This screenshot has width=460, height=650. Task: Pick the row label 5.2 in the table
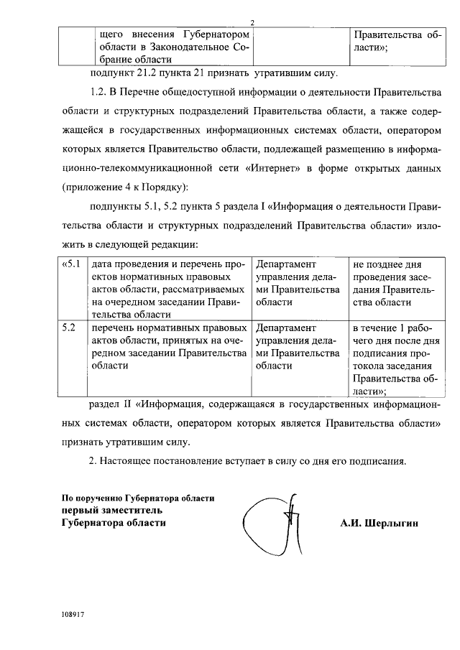coord(68,328)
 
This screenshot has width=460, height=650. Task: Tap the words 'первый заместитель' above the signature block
coord(111,510)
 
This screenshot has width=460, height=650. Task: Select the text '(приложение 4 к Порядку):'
coord(124,187)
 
